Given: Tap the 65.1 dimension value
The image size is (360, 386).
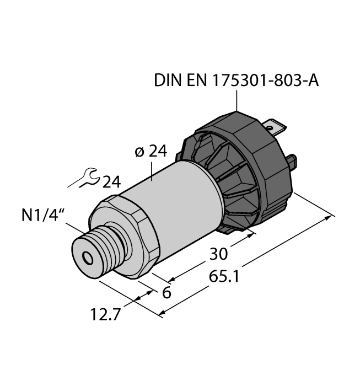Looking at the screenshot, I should click(x=224, y=276).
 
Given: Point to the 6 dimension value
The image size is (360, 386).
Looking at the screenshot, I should click(x=165, y=293).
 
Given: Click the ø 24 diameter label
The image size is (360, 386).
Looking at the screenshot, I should click(x=151, y=151).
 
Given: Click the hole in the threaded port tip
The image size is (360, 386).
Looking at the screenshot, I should click(x=87, y=258).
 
